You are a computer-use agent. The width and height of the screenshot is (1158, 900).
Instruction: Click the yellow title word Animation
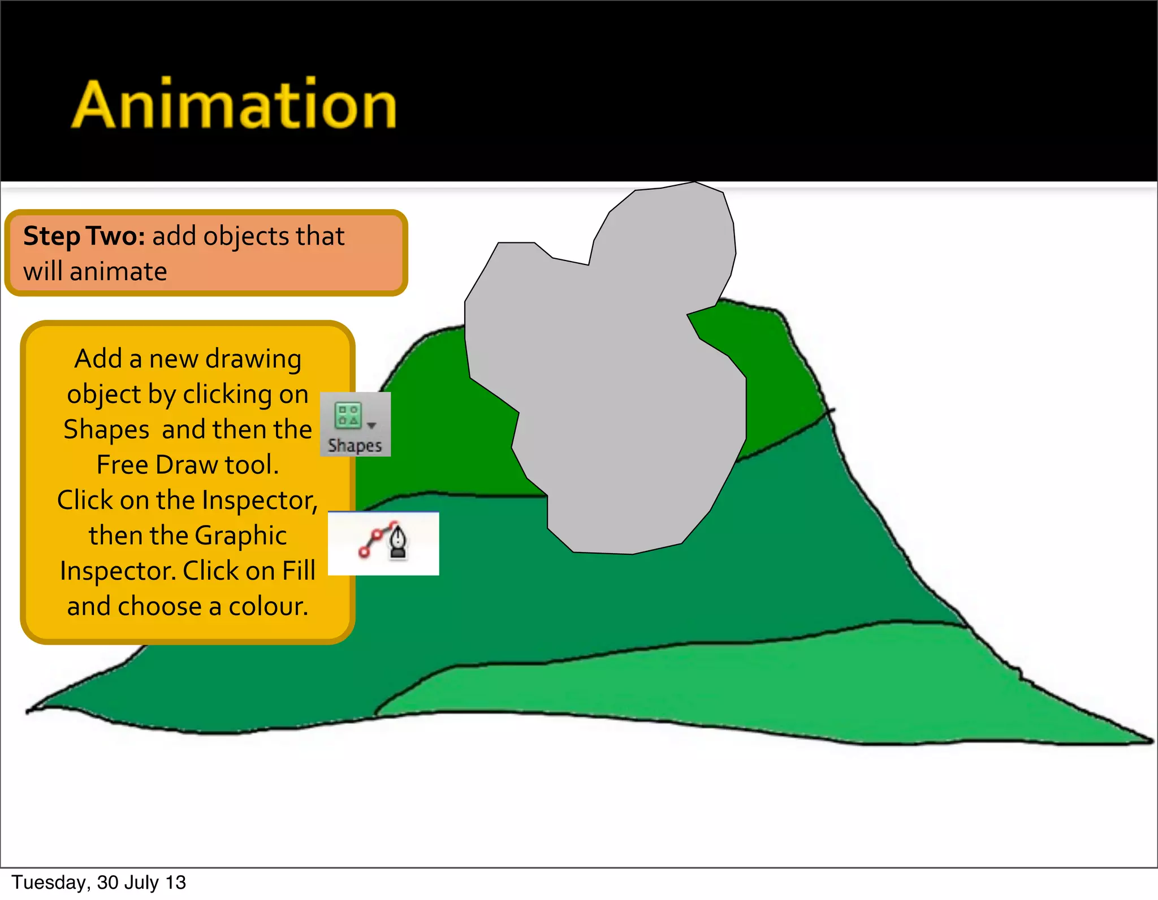[234, 105]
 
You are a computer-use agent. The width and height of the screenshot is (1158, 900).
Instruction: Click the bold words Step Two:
[84, 236]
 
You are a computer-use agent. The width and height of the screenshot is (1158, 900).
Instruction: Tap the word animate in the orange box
[118, 272]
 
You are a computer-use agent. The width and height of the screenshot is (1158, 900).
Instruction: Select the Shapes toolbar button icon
[348, 415]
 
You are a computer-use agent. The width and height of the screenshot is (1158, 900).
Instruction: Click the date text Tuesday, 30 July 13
[99, 882]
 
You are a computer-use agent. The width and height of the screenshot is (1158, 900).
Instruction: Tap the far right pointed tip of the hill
[1151, 740]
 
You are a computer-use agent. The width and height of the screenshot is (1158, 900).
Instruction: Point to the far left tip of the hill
[28, 711]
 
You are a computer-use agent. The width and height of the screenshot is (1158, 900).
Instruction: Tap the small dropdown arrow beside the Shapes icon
[371, 425]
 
